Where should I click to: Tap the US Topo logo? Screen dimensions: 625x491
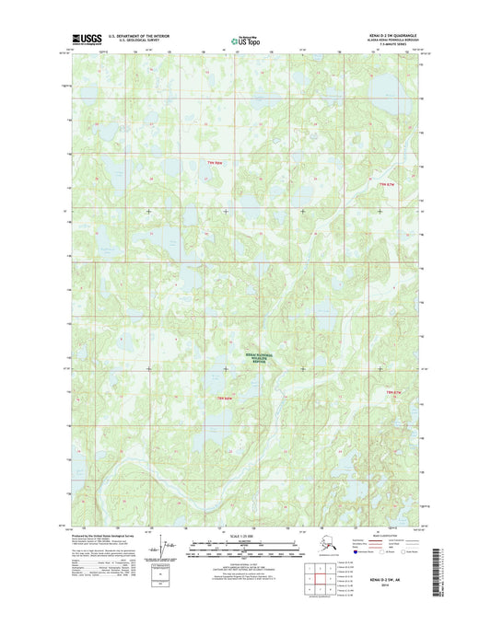pyautogui.click(x=245, y=40)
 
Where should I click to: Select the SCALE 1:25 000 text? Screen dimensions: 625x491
pyautogui.click(x=245, y=536)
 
